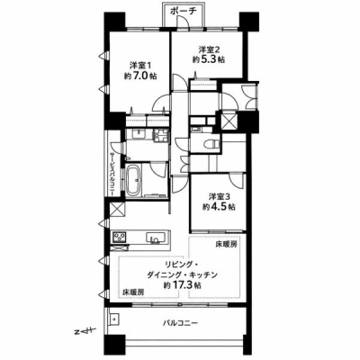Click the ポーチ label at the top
pyautogui.click(x=183, y=11)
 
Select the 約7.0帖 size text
pyautogui.click(x=140, y=76)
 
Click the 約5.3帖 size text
pyautogui.click(x=209, y=59)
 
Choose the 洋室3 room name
pyautogui.click(x=220, y=196)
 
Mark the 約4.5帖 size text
pyautogui.click(x=219, y=207)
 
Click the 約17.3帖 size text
pyautogui.click(x=182, y=285)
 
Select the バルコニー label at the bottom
pyautogui.click(x=180, y=323)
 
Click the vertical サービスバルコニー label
pyautogui.click(x=112, y=175)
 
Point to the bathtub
pyautogui.click(x=132, y=180)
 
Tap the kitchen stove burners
pyautogui.click(x=119, y=238)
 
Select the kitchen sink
pyautogui.click(x=157, y=238)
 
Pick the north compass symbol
pyautogui.click(x=85, y=331)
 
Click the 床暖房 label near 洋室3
pyautogui.click(x=226, y=245)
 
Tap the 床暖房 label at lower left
pyautogui.click(x=133, y=292)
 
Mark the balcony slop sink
pyautogui.click(x=114, y=319)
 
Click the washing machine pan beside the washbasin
pyautogui.click(x=161, y=136)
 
